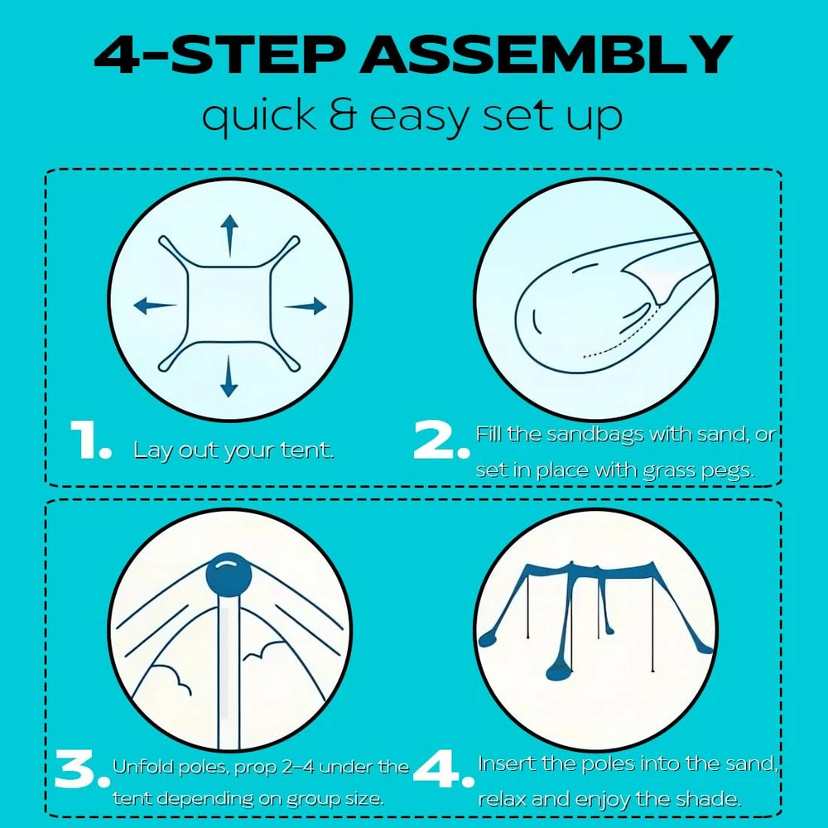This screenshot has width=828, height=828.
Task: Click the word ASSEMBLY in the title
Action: tap(546, 55)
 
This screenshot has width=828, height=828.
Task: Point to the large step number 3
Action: tap(76, 769)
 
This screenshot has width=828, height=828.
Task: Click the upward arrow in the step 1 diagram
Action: tap(229, 235)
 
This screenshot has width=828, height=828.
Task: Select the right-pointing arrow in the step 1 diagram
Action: tap(306, 306)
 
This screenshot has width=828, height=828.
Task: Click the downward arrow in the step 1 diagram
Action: tap(229, 376)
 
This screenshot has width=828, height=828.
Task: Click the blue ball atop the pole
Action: tap(229, 574)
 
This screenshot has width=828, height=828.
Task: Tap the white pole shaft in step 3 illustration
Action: tap(229, 671)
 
